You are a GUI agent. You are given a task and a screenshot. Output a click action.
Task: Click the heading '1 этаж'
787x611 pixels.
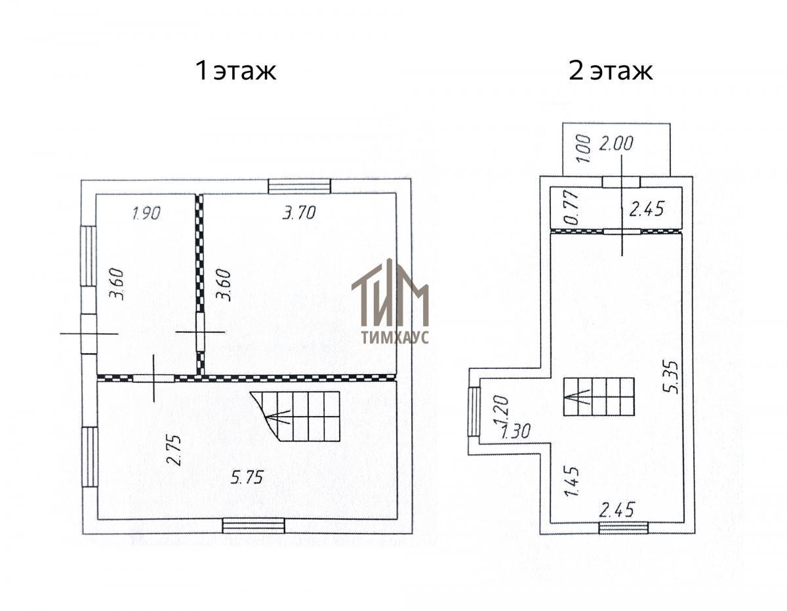pyautogui.click(x=236, y=71)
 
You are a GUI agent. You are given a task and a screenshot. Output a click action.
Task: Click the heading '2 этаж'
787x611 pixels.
pyautogui.click(x=611, y=71)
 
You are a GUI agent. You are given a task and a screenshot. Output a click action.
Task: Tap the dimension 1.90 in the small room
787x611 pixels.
pyautogui.click(x=146, y=213)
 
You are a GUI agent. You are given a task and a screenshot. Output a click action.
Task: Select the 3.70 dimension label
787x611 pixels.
pyautogui.click(x=299, y=213)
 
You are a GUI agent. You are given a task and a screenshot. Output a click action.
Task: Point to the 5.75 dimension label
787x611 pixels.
pyautogui.click(x=247, y=477)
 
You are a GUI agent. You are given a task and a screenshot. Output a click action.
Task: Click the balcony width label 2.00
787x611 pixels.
pyautogui.click(x=616, y=143)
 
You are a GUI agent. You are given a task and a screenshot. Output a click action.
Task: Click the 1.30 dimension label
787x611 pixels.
pyautogui.click(x=515, y=431)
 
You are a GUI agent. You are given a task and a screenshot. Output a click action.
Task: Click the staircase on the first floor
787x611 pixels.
pyautogui.click(x=296, y=415)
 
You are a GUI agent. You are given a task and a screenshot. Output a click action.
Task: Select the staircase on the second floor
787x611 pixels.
pyautogui.click(x=599, y=396)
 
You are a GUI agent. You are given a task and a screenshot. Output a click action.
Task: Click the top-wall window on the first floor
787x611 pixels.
pyautogui.click(x=300, y=186)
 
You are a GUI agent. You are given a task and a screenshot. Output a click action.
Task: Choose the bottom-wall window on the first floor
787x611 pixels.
pyautogui.click(x=254, y=526)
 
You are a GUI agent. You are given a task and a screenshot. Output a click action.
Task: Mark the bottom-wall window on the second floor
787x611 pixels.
pyautogui.click(x=623, y=528)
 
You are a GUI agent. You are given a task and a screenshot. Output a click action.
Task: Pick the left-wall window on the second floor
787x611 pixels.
pyautogui.click(x=474, y=411)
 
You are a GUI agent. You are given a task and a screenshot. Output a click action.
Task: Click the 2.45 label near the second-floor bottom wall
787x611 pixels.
pyautogui.click(x=616, y=509)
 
